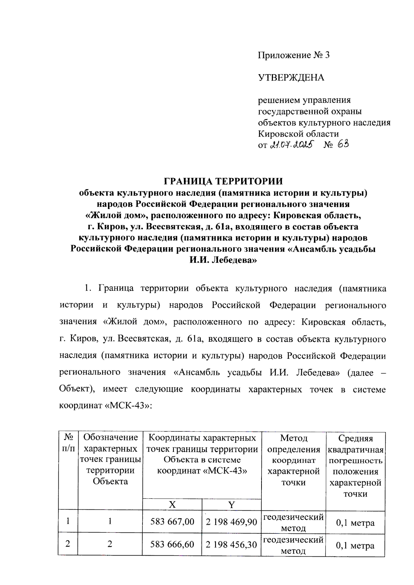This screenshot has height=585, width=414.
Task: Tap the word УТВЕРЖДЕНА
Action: [291, 77]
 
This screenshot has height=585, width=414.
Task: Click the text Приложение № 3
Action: [294, 55]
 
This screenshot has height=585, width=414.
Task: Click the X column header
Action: [172, 504]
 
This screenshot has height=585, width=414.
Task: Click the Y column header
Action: [231, 504]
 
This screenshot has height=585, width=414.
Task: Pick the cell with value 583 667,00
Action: [172, 521]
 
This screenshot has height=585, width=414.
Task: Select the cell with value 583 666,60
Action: [172, 544]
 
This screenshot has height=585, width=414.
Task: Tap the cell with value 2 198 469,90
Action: [231, 522]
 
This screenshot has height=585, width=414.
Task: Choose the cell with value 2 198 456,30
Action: [231, 545]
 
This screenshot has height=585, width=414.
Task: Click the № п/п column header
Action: [68, 443]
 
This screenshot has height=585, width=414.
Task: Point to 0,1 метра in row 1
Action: [355, 523]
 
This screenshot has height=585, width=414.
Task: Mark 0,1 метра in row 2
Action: [355, 546]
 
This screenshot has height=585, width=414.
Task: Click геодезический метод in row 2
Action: [294, 545]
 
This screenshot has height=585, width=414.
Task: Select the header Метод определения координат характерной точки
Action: [294, 460]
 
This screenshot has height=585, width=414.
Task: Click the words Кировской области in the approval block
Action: [298, 133]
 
